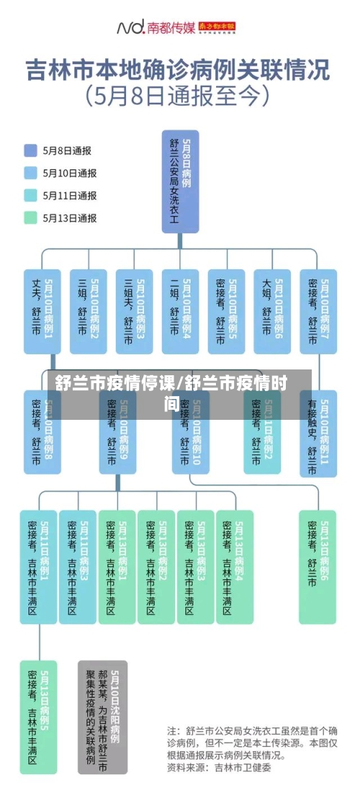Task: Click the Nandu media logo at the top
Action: click(176, 28)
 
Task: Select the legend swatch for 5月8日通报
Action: click(31, 151)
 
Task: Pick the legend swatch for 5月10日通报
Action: click(31, 173)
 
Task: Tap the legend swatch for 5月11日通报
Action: click(31, 195)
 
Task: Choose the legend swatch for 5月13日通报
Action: click(31, 217)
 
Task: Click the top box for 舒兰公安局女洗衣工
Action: click(180, 181)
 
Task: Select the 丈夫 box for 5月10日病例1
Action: click(42, 310)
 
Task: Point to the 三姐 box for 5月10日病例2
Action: click(88, 310)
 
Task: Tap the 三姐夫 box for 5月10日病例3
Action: click(134, 310)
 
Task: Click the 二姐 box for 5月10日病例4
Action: click(180, 310)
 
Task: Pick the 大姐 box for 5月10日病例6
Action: click(272, 310)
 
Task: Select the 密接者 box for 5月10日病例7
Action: click(318, 310)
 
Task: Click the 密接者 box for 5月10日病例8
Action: click(42, 432)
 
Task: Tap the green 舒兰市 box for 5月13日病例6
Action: click(318, 566)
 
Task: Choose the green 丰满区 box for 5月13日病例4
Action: click(235, 566)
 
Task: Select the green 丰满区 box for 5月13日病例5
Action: click(38, 716)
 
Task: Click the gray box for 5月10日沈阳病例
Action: click(103, 716)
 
